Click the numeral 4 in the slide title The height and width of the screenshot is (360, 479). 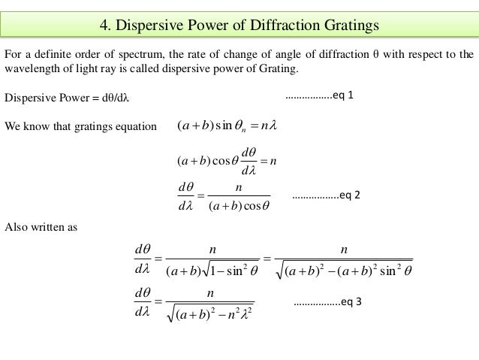(104, 26)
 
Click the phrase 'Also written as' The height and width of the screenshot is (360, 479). (41, 225)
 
